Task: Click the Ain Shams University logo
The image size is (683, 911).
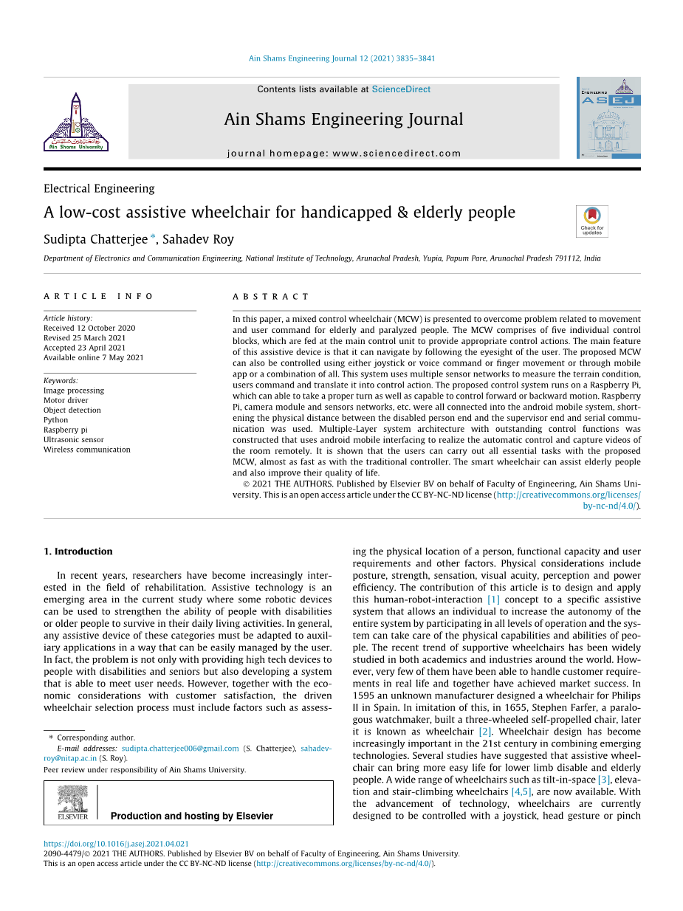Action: coord(76,122)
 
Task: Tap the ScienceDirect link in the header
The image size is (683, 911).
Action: coord(401,89)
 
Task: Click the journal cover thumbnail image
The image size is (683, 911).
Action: coord(608,117)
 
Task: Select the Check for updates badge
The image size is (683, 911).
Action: coord(592,221)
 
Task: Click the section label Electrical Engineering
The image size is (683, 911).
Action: coord(99,188)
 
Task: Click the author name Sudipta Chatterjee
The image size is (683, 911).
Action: coord(95,238)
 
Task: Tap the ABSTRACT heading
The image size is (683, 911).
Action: coord(271,296)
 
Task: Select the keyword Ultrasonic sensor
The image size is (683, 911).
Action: coord(74,439)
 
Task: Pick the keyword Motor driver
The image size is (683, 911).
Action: coord(66,400)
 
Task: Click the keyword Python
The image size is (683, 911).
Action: coord(55,420)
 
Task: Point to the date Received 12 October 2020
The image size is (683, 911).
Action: coord(89,328)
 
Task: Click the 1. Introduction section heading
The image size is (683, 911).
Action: coord(78,551)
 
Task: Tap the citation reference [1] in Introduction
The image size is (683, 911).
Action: coord(493,599)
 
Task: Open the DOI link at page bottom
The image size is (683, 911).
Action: coord(116,844)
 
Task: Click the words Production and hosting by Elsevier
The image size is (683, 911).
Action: coord(192,816)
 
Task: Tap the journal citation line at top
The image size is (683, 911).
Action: coord(342,58)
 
